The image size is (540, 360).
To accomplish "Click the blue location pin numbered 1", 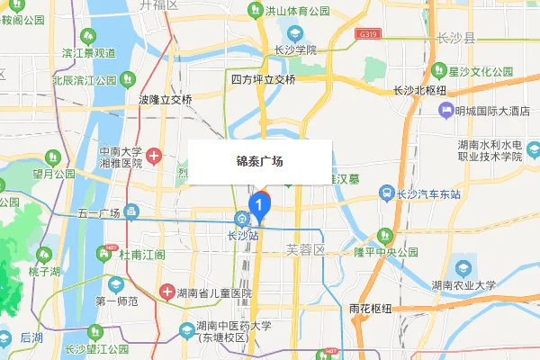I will tap(260, 206).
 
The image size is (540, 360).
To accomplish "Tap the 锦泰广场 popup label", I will tap(259, 162).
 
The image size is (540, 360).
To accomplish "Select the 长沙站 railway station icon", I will tap(242, 219).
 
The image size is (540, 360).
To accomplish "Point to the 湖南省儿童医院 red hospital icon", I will tap(167, 292).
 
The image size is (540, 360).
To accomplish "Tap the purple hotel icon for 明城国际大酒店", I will tap(445, 111).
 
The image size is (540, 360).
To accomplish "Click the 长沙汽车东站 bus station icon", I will tap(384, 193).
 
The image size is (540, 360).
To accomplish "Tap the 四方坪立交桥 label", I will tap(263, 79).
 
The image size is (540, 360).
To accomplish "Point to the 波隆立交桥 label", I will tap(166, 100).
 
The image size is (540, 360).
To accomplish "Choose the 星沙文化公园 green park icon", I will tap(438, 69).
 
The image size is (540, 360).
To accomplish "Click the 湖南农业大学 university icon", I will tap(463, 268).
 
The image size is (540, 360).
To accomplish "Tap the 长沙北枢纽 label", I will tap(421, 90).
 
